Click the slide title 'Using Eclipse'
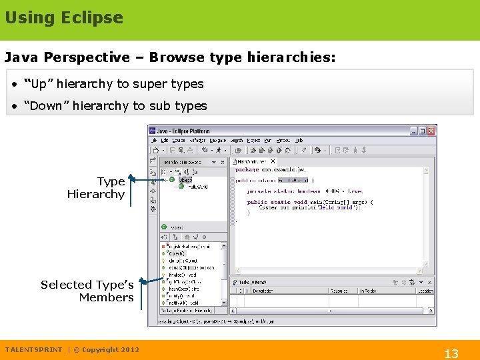pyautogui.click(x=64, y=18)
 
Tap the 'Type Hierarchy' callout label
pyautogui.click(x=96, y=188)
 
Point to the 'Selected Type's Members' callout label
pyautogui.click(x=87, y=291)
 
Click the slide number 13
pyautogui.click(x=451, y=354)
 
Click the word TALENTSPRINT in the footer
pyautogui.click(x=33, y=349)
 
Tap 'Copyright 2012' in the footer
pyautogui.click(x=111, y=349)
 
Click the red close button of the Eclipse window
pyautogui.click(x=431, y=131)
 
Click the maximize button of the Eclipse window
pyautogui.click(x=423, y=131)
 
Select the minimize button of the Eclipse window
pyautogui.click(x=414, y=131)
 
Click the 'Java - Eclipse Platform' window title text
pyautogui.click(x=184, y=131)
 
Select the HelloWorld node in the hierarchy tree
pyautogui.click(x=197, y=187)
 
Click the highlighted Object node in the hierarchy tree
pyautogui.click(x=185, y=179)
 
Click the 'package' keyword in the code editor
pyautogui.click(x=247, y=170)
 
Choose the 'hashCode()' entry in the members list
pyautogui.click(x=182, y=289)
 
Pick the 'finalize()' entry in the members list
pyautogui.click(x=181, y=274)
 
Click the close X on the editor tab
pyautogui.click(x=273, y=161)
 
